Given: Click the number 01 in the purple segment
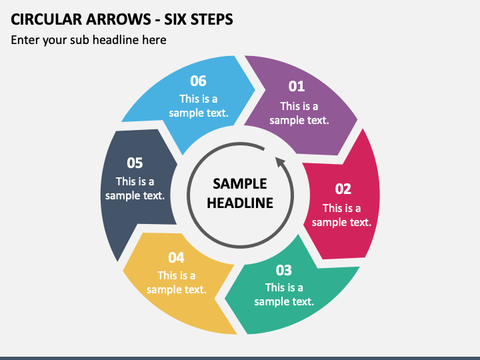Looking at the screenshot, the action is click(296, 86).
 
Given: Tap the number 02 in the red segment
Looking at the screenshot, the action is click(343, 189).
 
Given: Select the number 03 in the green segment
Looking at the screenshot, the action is click(284, 270).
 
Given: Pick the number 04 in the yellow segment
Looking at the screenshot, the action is click(176, 258).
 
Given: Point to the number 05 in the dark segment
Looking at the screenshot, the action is click(135, 163).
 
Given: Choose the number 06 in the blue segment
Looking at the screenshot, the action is click(198, 81).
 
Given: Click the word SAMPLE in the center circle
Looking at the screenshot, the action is click(240, 184).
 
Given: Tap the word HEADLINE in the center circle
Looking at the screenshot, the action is click(240, 203).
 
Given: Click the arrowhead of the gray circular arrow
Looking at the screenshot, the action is click(280, 162).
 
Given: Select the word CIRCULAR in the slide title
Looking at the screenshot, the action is click(46, 19).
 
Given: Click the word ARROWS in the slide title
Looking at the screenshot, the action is click(118, 19).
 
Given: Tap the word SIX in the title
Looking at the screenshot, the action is click(175, 19).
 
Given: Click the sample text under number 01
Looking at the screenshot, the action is click(299, 113).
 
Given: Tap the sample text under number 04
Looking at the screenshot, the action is click(176, 283).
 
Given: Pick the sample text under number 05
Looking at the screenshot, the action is click(135, 189).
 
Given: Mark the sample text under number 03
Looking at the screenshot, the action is click(284, 295).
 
